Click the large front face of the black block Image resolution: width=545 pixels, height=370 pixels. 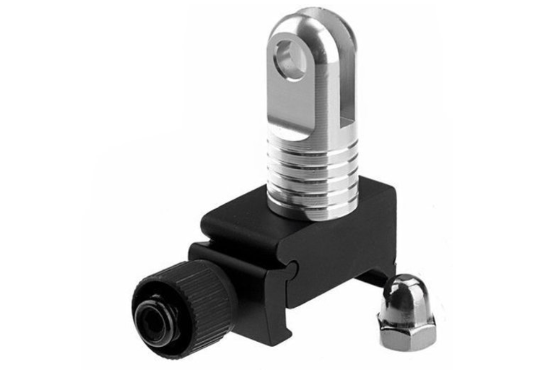click(x=341, y=252)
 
